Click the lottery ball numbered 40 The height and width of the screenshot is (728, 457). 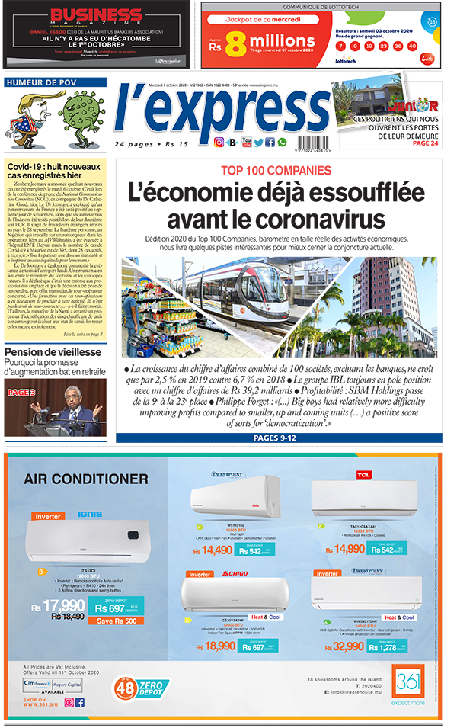click(412, 46)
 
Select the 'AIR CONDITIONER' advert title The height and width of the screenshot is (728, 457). click(85, 479)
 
